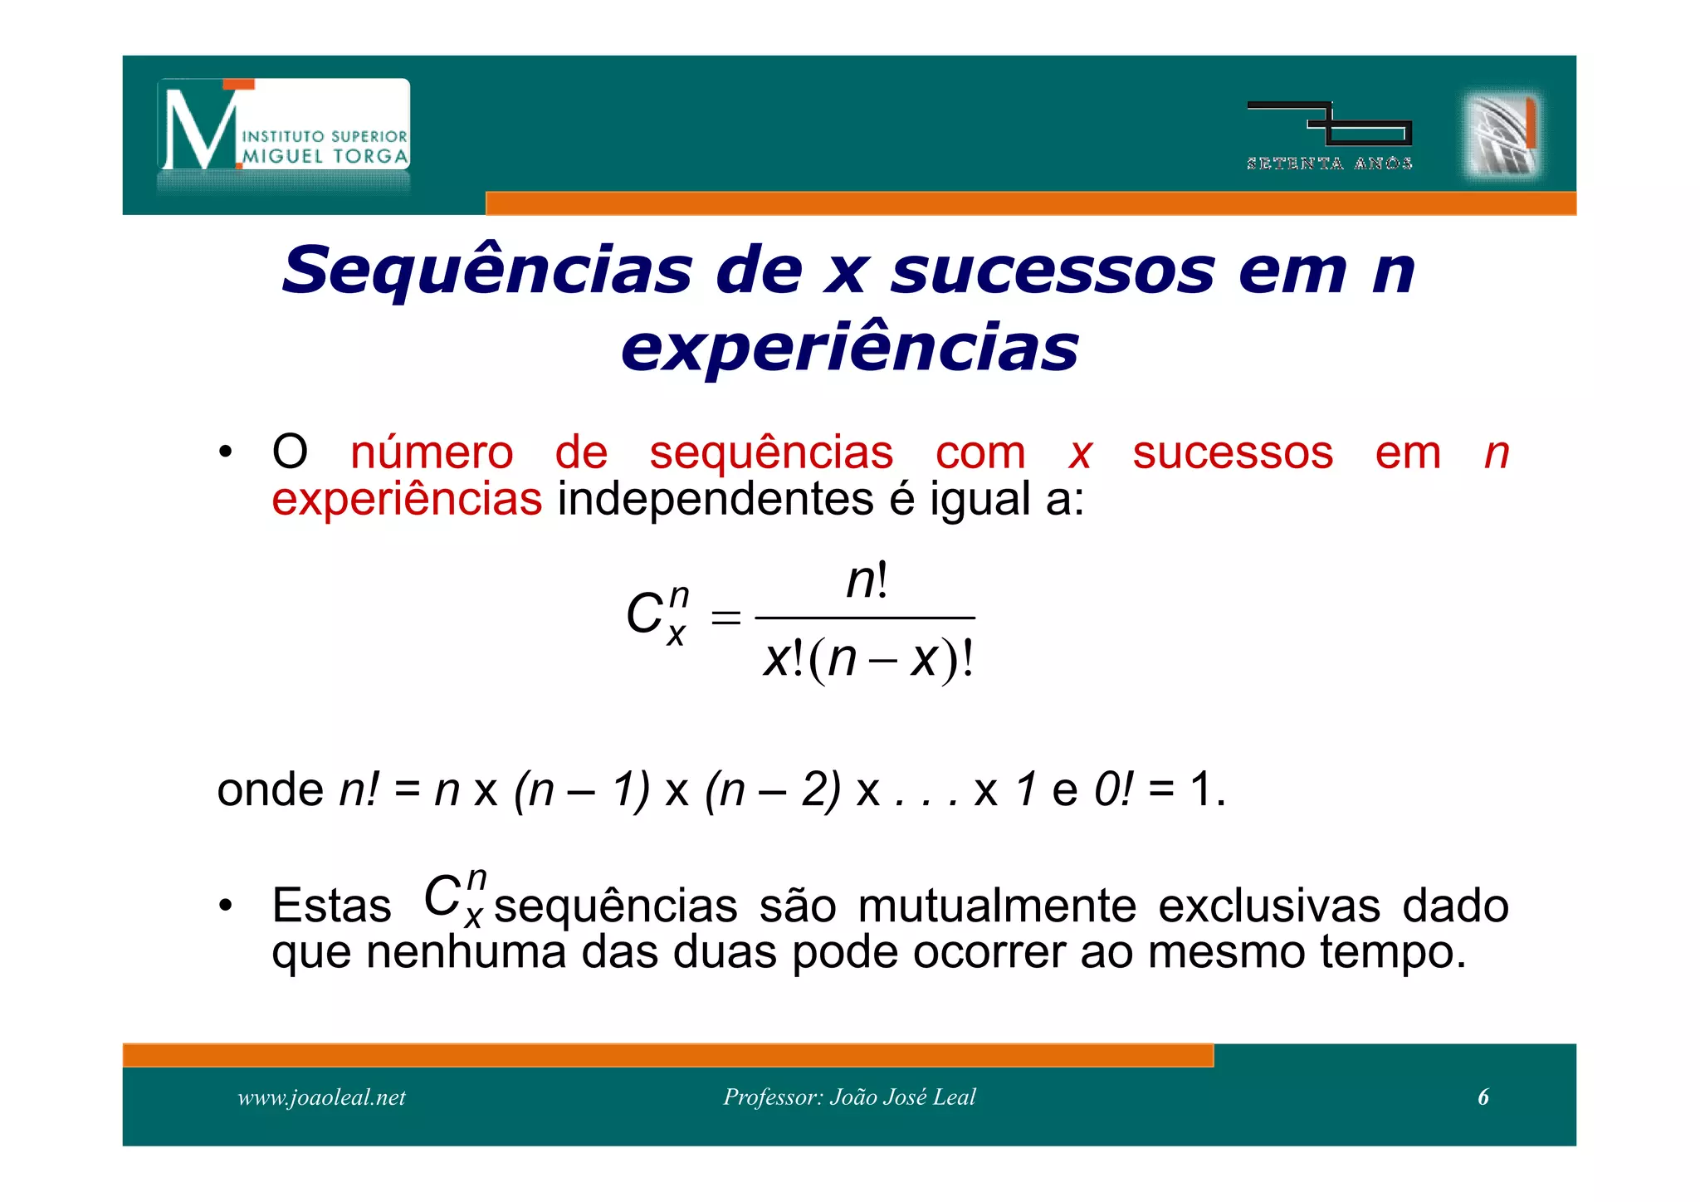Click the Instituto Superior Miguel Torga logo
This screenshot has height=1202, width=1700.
point(284,126)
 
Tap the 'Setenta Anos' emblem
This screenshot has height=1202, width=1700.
point(1329,135)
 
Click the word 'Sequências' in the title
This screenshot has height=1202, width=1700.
point(486,271)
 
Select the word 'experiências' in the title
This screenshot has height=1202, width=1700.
point(849,347)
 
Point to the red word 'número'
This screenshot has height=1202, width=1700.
point(432,453)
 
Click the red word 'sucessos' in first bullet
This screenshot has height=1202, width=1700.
point(1233,453)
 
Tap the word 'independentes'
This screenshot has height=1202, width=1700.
point(715,500)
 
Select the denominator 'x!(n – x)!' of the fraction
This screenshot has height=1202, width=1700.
point(867,660)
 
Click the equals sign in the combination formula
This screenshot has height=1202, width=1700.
point(725,618)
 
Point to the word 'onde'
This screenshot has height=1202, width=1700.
point(270,789)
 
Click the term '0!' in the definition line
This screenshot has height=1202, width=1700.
point(1113,789)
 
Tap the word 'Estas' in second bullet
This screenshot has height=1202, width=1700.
point(331,906)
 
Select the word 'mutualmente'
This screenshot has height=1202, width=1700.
point(997,906)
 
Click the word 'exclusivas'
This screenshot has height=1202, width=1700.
point(1269,906)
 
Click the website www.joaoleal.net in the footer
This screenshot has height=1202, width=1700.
point(321,1097)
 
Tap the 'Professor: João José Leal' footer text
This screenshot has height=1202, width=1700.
point(849,1097)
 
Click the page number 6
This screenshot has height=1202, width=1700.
point(1483,1097)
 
